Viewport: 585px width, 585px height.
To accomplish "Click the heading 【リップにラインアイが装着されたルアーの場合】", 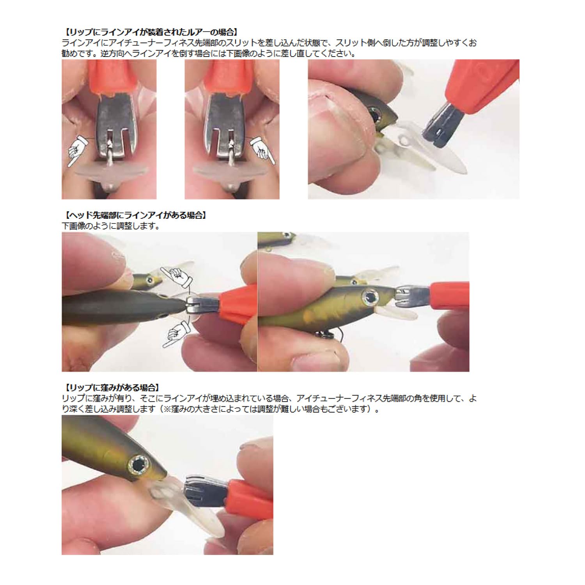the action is pos(151,32).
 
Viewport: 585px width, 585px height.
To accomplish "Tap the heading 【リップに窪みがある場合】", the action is pos(112,387).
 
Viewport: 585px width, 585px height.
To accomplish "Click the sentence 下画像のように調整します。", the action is pos(111,226).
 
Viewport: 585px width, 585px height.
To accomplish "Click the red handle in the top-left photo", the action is pos(113,78).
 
